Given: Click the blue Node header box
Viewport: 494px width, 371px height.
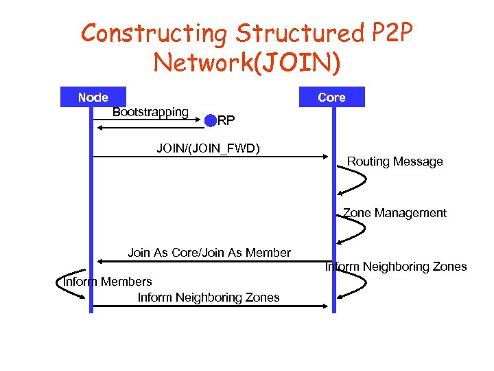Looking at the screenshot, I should (93, 98).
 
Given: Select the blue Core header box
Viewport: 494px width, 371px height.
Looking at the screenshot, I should (331, 98).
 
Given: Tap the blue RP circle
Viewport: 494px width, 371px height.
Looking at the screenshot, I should (210, 121).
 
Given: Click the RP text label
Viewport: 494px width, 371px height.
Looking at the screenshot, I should (226, 122).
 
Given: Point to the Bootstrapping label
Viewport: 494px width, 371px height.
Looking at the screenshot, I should (150, 112).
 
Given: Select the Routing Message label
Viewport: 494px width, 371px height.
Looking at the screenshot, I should (395, 161).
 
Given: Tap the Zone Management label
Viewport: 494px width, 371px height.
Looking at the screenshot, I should (395, 213).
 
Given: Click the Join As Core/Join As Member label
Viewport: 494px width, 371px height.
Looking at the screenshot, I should (209, 253).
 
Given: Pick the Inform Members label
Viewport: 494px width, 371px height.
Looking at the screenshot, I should (108, 282).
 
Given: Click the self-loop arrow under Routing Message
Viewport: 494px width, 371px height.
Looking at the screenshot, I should (353, 182).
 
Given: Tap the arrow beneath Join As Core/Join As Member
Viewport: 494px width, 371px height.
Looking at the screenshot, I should (213, 262).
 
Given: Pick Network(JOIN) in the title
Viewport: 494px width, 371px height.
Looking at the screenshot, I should (247, 63).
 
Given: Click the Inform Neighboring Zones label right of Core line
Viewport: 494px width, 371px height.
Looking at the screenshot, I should (396, 267).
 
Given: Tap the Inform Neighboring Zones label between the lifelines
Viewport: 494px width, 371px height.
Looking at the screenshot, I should (209, 297).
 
